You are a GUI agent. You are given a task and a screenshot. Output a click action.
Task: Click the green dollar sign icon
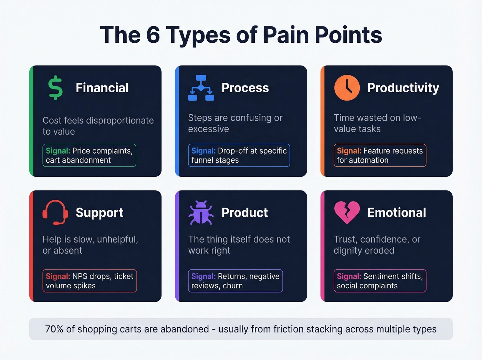(x=55, y=88)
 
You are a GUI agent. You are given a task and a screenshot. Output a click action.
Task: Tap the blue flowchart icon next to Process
(x=201, y=88)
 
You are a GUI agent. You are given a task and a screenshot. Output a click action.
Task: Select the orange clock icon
(x=347, y=88)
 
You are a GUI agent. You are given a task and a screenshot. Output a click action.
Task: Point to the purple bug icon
(x=201, y=213)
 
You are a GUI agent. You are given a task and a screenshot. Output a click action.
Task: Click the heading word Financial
(x=102, y=88)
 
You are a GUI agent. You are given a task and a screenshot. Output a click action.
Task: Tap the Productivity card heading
(x=403, y=88)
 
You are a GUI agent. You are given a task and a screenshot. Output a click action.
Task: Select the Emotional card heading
(x=397, y=213)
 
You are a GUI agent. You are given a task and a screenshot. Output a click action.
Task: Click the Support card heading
(x=99, y=213)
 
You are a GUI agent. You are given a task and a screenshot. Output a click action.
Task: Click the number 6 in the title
(x=153, y=35)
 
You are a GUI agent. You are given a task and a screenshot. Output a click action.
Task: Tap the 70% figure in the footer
(x=54, y=329)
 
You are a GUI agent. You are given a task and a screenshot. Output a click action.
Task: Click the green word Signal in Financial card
(x=58, y=151)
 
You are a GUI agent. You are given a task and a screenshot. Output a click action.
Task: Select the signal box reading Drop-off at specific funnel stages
(x=239, y=155)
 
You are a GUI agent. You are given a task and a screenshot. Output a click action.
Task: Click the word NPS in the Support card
(x=80, y=276)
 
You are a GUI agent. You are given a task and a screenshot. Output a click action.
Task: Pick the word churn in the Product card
(x=233, y=286)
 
